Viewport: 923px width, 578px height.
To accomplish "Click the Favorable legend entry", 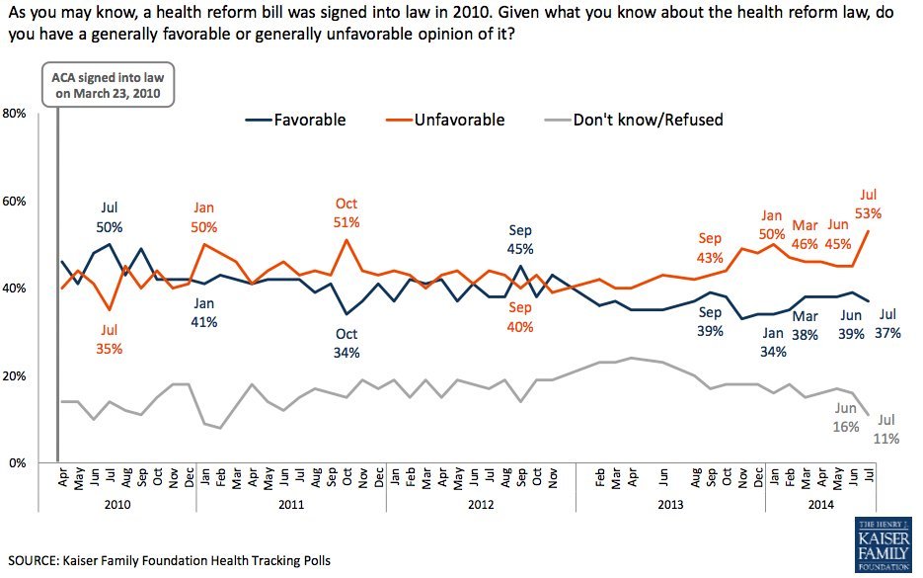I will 296,121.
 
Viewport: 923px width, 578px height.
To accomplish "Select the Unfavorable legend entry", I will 443,121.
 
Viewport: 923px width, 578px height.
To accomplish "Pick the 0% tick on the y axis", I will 18,462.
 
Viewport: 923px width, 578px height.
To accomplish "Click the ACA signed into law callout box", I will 107,86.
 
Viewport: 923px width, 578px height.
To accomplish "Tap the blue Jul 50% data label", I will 111,216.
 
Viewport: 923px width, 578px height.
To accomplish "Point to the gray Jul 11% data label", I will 885,429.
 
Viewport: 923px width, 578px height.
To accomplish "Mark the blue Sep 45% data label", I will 519,240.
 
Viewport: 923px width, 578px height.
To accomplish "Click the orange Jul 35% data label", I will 110,338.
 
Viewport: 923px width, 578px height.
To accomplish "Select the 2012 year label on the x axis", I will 481,503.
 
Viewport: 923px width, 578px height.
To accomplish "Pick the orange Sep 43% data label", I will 710,248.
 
